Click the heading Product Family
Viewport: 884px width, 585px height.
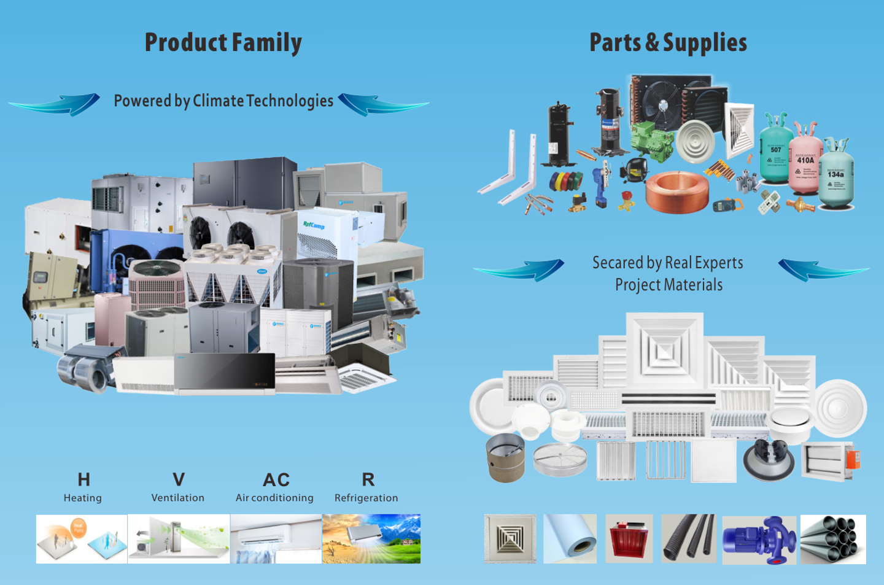pos(223,43)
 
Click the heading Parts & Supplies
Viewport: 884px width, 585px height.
pos(668,43)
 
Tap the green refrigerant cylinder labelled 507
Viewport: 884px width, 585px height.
pos(775,151)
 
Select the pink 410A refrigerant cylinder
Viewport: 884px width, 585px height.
pos(805,162)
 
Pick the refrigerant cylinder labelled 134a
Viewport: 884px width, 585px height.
pos(836,176)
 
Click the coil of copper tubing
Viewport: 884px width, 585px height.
pos(677,191)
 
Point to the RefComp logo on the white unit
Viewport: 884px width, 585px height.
pos(314,225)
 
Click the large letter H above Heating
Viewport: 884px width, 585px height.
pos(83,479)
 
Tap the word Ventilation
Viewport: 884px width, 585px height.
pos(177,498)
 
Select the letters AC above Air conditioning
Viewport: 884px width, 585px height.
pos(276,479)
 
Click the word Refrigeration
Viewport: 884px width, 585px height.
pos(366,498)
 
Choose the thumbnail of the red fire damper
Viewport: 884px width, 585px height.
pos(629,539)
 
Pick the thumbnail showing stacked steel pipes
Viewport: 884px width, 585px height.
pos(833,539)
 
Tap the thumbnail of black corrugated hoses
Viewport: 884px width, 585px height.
pos(689,538)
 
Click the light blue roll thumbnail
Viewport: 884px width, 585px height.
pos(570,538)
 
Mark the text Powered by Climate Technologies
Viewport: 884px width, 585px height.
pos(223,101)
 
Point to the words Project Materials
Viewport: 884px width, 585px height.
pos(669,285)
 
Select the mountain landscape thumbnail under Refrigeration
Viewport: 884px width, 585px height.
pos(371,538)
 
